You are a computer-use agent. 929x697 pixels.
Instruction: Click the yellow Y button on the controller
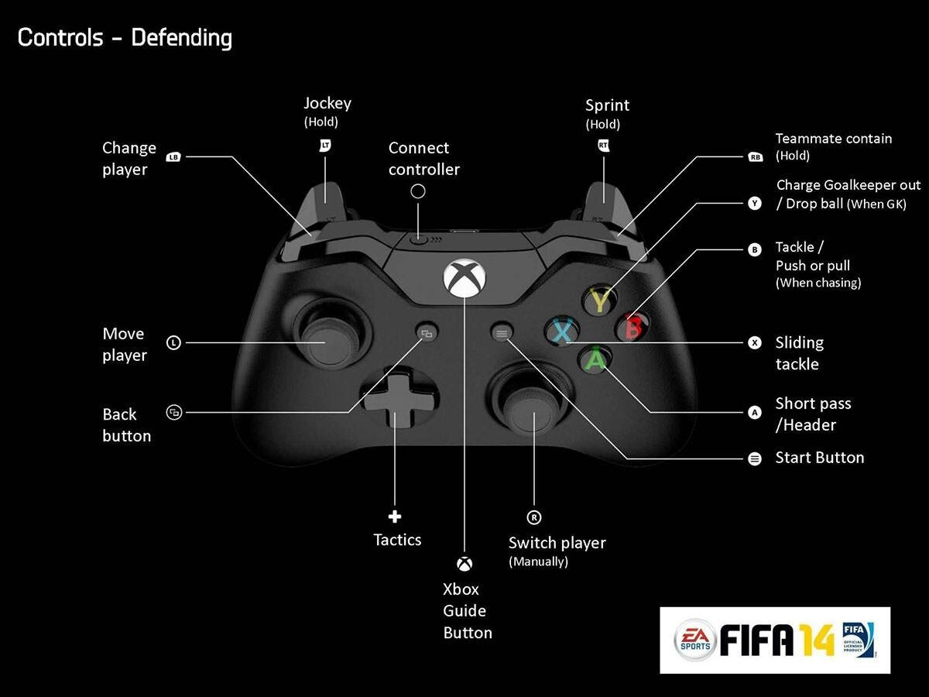(x=600, y=298)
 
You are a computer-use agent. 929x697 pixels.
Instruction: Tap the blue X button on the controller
(x=562, y=331)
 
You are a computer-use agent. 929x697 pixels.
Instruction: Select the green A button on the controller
(x=595, y=359)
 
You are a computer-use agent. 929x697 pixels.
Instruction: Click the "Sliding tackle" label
(x=799, y=353)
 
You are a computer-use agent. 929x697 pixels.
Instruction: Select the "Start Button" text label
(x=819, y=458)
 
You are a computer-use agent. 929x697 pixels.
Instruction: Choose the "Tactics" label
(x=397, y=540)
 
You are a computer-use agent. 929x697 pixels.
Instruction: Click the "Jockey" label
(x=327, y=103)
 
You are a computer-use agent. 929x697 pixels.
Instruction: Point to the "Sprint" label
(x=607, y=105)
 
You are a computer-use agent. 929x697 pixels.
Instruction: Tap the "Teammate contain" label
(x=833, y=139)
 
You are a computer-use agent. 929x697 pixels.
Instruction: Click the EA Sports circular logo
(x=694, y=639)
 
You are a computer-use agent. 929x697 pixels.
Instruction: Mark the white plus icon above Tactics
(x=395, y=517)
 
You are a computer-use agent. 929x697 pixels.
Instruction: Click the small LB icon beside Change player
(x=173, y=157)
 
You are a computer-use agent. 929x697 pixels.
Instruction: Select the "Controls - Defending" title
(x=125, y=37)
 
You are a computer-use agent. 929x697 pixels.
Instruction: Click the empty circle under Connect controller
(x=418, y=191)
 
